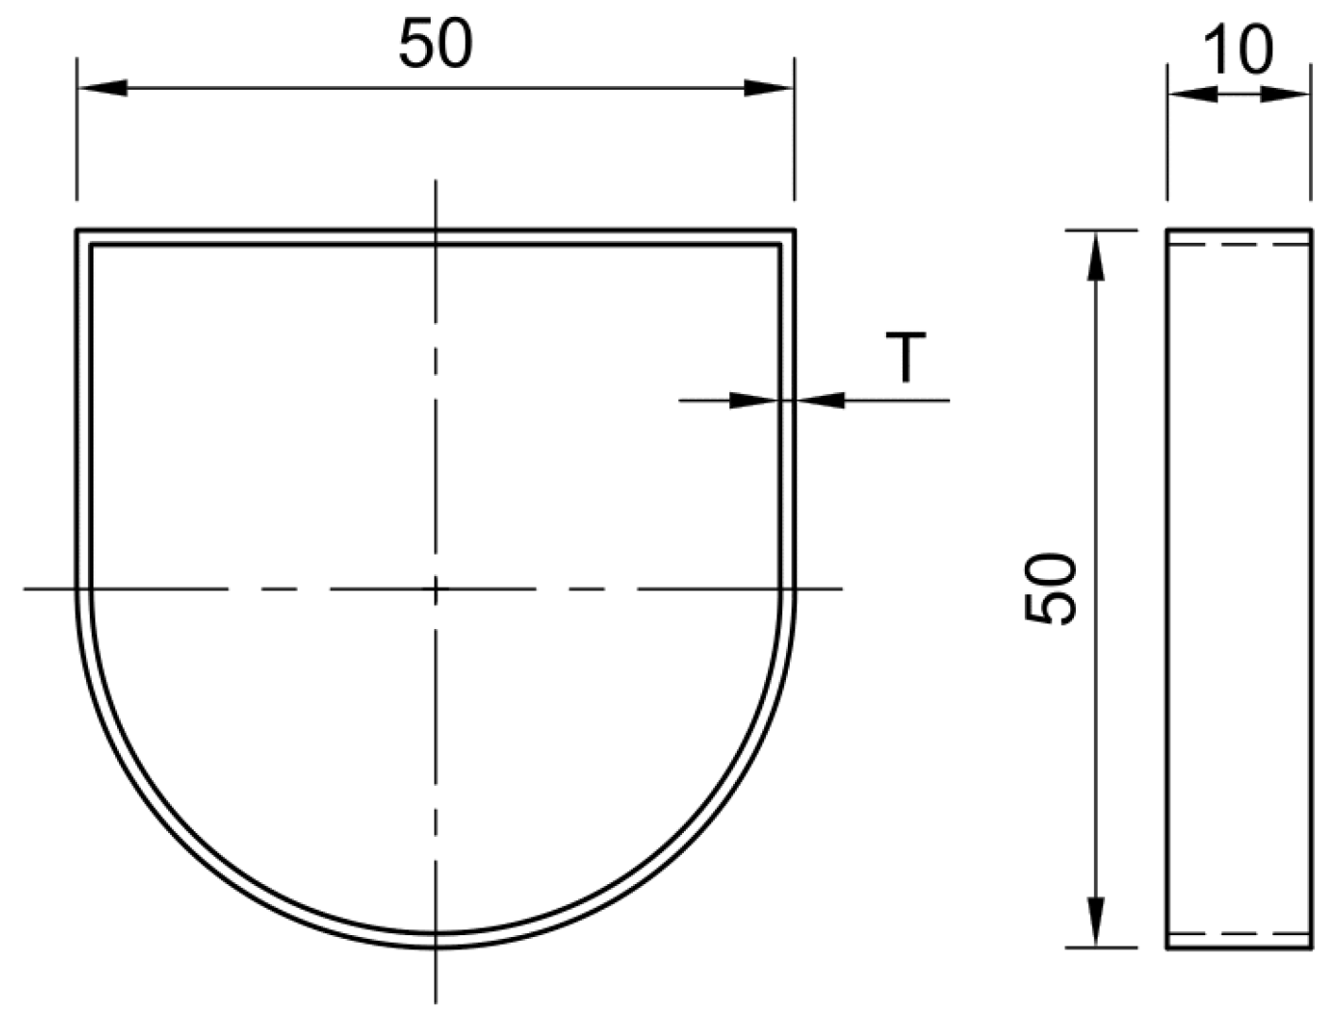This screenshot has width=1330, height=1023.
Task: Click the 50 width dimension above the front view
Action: (435, 44)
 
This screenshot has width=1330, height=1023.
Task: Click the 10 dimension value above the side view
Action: (1238, 50)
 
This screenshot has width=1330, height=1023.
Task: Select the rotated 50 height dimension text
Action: (1050, 588)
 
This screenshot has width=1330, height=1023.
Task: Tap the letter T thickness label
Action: (906, 357)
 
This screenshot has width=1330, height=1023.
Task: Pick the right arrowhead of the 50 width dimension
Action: (769, 88)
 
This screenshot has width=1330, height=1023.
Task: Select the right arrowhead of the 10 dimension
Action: (1287, 94)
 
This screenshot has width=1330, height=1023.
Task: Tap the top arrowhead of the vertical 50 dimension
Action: (1096, 255)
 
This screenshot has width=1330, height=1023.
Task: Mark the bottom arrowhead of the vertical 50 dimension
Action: (1096, 921)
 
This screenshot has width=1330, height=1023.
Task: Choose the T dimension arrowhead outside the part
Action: (820, 401)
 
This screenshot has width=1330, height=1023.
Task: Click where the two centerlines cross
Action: (435, 588)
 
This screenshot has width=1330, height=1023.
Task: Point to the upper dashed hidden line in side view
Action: (1238, 245)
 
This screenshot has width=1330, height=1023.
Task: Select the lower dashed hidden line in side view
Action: (1238, 933)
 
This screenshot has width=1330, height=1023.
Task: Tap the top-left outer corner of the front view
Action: (77, 230)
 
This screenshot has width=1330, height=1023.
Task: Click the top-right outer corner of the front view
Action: (793, 230)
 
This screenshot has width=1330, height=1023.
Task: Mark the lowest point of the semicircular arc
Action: (435, 946)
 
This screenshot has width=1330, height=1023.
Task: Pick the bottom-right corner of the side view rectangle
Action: (1310, 947)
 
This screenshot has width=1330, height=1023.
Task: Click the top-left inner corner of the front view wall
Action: (91, 245)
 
